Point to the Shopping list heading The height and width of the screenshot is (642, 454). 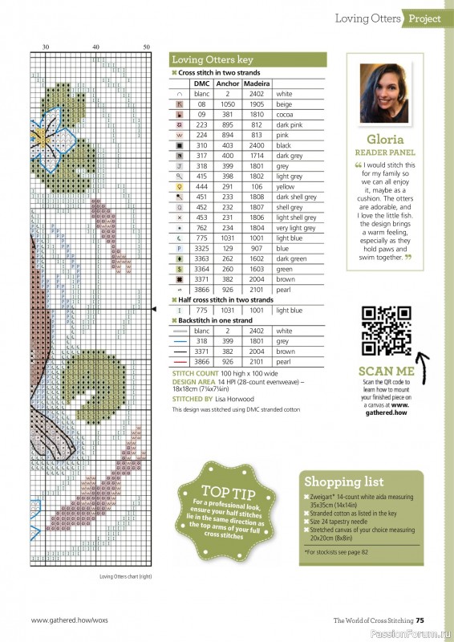tap(344, 481)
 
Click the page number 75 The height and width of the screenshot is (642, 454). tap(431, 620)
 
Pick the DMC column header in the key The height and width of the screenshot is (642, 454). tap(201, 83)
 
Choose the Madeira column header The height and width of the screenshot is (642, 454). tap(257, 83)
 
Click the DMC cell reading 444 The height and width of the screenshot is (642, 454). tap(201, 187)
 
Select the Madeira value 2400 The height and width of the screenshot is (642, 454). tap(257, 145)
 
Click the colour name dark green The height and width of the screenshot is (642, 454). tap(291, 259)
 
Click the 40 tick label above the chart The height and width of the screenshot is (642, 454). tap(96, 47)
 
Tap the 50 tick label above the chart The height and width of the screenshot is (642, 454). tap(147, 47)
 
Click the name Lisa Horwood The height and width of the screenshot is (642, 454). tap(234, 398)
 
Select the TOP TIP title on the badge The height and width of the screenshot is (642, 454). tap(219, 490)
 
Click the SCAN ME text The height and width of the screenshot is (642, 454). tap(386, 371)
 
